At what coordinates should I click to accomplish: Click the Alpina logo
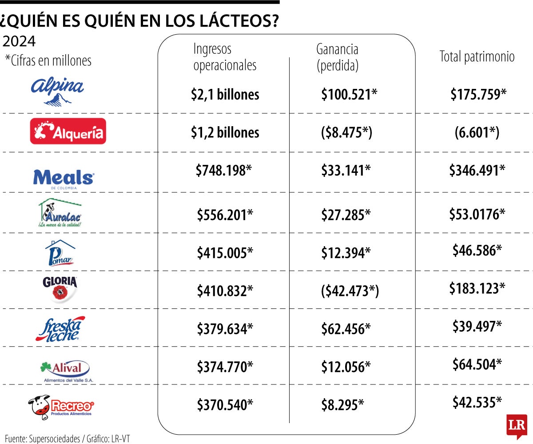tap(57, 91)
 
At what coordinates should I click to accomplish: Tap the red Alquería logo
tap(68, 131)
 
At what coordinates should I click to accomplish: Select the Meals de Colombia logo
tap(64, 178)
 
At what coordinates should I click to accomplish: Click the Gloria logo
tap(60, 288)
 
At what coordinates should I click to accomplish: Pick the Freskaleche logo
tap(60, 329)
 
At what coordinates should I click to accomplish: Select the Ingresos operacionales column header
tap(225, 57)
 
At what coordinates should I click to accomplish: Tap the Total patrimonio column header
tap(477, 56)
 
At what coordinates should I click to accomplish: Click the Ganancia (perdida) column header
tap(337, 57)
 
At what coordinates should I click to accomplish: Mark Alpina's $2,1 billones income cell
tap(225, 94)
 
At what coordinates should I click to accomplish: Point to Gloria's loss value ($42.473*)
tap(350, 291)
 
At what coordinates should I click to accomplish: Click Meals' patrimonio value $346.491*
tap(477, 170)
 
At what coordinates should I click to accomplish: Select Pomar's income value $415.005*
tap(225, 253)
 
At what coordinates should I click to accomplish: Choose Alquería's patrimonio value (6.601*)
tap(477, 132)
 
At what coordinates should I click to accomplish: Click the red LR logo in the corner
tap(516, 424)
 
